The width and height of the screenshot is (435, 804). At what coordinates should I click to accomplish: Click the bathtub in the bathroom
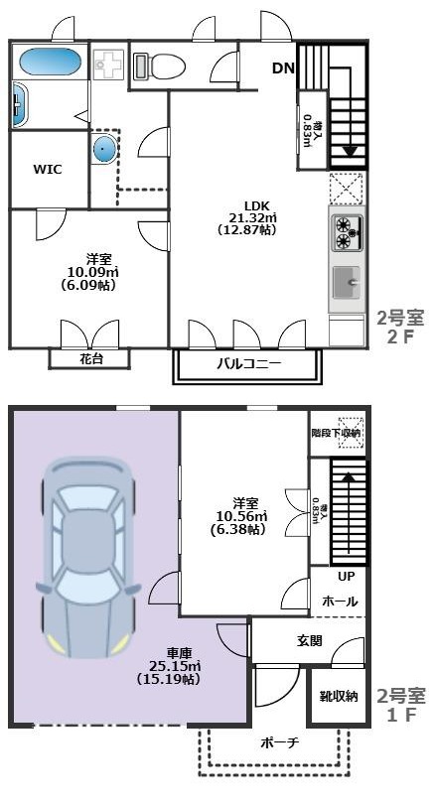click(x=50, y=62)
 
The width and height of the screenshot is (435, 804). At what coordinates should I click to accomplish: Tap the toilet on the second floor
click(x=159, y=66)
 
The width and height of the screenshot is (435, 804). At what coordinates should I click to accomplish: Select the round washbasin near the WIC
click(x=103, y=150)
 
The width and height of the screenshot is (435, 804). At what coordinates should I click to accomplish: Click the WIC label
click(x=47, y=170)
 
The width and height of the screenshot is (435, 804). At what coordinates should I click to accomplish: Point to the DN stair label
click(x=283, y=68)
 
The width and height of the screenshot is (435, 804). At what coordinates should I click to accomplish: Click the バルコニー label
click(x=249, y=364)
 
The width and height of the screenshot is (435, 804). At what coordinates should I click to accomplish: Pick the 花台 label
click(x=90, y=358)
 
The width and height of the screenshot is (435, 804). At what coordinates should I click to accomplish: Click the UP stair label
click(x=346, y=577)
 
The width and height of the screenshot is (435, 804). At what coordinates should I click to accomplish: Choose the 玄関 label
click(x=309, y=641)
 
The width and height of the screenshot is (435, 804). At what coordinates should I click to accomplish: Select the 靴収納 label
click(x=339, y=696)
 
